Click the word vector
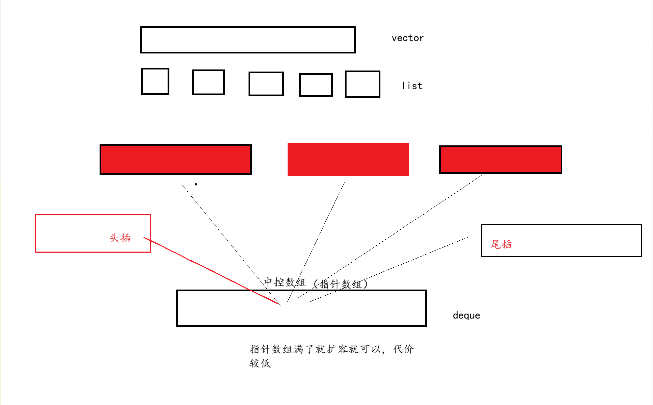[407, 38]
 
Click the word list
[412, 86]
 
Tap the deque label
[466, 316]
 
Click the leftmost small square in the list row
[155, 81]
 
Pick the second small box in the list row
[208, 82]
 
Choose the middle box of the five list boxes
[266, 84]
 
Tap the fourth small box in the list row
[316, 85]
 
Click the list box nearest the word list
[362, 84]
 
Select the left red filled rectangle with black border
[175, 160]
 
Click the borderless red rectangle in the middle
[348, 160]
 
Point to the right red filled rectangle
[500, 160]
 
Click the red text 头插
[120, 238]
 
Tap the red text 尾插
[501, 244]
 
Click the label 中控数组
[285, 282]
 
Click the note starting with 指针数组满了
[332, 349]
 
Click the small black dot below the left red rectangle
[196, 184]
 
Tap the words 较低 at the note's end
[260, 363]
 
